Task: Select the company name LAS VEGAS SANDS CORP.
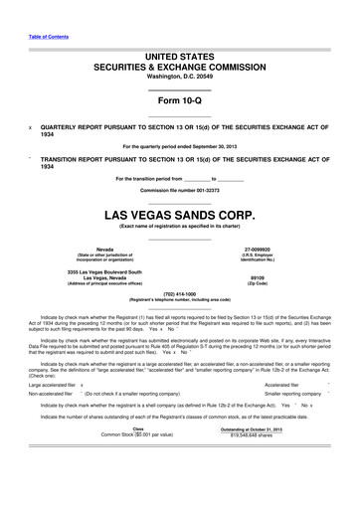click(180, 215)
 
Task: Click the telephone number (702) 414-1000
click(180, 293)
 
